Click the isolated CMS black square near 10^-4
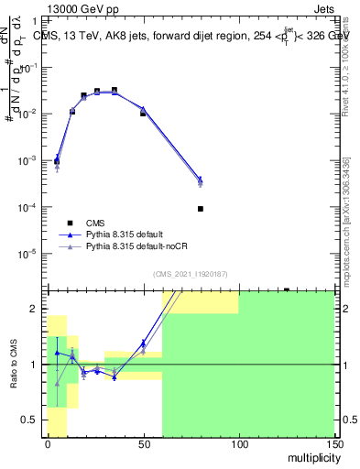point(201,209)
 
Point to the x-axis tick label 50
point(143,443)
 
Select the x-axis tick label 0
point(48,443)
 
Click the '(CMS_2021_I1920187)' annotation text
point(191,273)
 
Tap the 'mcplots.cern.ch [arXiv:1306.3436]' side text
point(346,220)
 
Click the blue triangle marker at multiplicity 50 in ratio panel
point(143,344)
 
